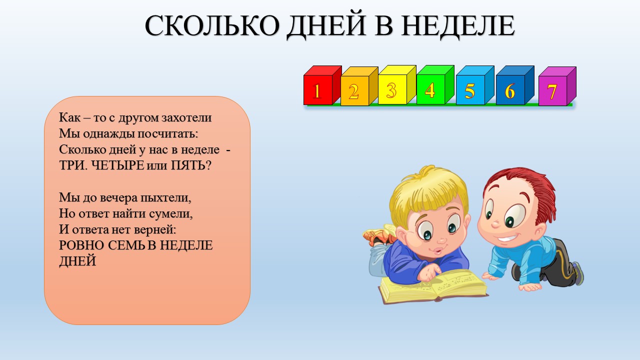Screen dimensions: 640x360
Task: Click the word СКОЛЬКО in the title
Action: tap(212, 25)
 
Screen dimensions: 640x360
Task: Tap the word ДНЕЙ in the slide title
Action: tap(326, 26)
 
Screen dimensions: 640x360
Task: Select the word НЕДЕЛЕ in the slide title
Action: tap(458, 26)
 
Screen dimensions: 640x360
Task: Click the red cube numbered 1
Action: tap(322, 85)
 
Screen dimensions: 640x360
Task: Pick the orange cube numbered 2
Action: tap(359, 86)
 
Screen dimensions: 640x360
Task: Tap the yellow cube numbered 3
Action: tap(397, 85)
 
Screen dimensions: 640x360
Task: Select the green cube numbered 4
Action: tap(435, 85)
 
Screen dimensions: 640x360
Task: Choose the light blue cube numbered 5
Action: tap(475, 85)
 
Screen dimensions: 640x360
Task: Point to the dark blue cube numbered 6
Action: tap(515, 85)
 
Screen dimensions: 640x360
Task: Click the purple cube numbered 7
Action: tap(557, 86)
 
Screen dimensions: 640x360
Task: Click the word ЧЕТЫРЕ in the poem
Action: tap(117, 165)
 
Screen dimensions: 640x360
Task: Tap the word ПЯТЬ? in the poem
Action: tap(191, 165)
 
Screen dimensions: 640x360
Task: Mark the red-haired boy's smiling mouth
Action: tap(508, 237)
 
